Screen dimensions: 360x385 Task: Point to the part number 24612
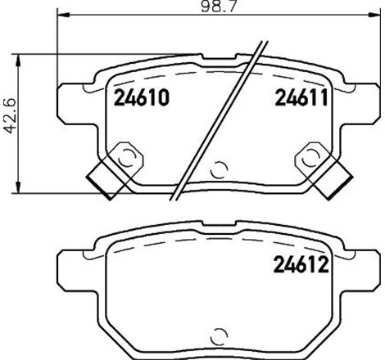(299, 266)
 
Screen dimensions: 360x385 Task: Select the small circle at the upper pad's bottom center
(219, 170)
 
